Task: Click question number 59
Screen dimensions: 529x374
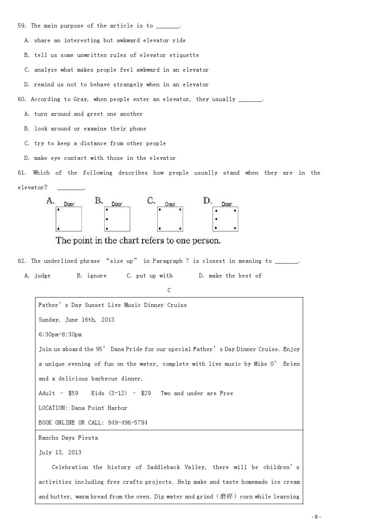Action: pos(22,26)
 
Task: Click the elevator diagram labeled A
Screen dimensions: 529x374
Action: pos(69,219)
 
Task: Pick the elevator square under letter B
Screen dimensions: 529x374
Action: pos(117,219)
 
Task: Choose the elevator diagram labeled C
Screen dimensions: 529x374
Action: pos(170,219)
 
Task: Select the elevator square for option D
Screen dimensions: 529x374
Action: pos(225,219)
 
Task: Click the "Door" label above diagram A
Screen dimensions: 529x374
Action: pos(69,204)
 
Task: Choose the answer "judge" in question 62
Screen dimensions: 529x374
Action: pos(42,276)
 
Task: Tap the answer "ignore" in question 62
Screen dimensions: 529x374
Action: pos(97,276)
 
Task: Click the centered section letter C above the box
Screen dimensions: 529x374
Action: pos(169,290)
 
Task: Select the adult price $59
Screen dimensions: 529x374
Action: pos(73,393)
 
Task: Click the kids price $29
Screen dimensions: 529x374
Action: pos(146,393)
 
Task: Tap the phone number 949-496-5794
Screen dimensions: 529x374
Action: pos(127,423)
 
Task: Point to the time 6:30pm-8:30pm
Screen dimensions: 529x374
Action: pos(60,334)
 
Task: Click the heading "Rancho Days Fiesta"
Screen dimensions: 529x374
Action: pos(68,438)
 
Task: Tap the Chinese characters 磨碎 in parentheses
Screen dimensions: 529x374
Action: pos(226,497)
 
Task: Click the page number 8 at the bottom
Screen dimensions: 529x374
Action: pos(316,517)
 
